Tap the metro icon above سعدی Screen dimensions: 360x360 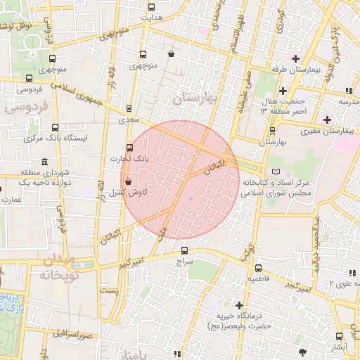(129, 108)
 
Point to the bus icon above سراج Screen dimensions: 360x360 (185, 250)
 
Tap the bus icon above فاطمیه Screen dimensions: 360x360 (259, 267)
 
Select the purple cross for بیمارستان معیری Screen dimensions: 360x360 (327, 119)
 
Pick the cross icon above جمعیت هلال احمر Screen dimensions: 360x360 (283, 91)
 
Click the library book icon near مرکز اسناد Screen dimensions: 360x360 (276, 171)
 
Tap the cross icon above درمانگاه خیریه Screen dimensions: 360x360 (240, 305)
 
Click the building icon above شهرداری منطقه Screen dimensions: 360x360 (45, 161)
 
